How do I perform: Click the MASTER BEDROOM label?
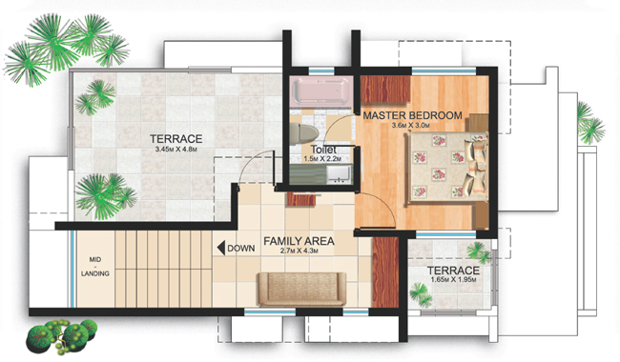click(412, 115)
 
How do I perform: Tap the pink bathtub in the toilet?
click(320, 90)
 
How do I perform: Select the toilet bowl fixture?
click(303, 133)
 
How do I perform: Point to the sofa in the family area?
click(301, 289)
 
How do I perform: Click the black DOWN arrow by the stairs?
click(221, 249)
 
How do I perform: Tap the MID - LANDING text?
click(95, 267)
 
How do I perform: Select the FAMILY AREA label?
click(299, 241)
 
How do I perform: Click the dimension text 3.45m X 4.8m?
click(176, 150)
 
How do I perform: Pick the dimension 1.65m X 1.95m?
click(453, 280)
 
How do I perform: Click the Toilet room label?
click(324, 150)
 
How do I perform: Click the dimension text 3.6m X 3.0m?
click(411, 126)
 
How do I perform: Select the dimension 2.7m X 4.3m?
click(299, 251)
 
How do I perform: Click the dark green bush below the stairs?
click(62, 336)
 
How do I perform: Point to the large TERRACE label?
click(176, 139)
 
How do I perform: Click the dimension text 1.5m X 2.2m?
click(321, 159)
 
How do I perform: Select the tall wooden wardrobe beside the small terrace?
click(385, 272)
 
